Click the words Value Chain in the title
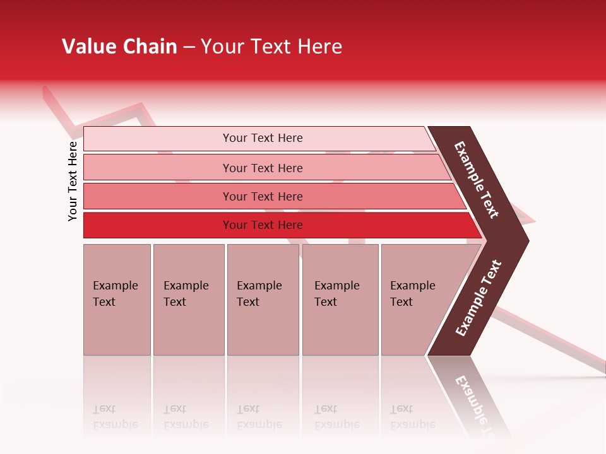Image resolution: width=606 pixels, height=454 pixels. click(x=119, y=47)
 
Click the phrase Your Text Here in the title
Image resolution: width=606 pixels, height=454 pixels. click(x=271, y=47)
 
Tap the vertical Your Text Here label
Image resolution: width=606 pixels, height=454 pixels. click(x=73, y=181)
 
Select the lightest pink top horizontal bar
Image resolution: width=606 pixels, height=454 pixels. click(x=158, y=139)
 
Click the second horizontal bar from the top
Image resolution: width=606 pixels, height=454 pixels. click(x=158, y=168)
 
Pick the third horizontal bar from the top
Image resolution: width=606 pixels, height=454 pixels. click(x=158, y=196)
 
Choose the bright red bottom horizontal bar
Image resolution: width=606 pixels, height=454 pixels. click(x=158, y=225)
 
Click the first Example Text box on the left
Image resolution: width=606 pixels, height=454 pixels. click(x=117, y=300)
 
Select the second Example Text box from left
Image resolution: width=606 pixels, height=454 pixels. click(x=188, y=300)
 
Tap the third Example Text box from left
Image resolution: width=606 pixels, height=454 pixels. click(x=263, y=300)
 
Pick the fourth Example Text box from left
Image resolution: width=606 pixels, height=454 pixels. click(x=340, y=300)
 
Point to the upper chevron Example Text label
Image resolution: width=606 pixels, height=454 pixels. click(x=477, y=180)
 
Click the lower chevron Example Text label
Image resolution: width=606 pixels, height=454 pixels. click(x=478, y=298)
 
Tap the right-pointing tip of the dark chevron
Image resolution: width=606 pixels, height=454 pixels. click(x=525, y=240)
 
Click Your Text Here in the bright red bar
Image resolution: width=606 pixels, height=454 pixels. click(x=263, y=225)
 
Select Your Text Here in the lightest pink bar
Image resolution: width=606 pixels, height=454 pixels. click(x=263, y=138)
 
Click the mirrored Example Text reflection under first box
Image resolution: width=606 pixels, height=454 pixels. click(x=115, y=417)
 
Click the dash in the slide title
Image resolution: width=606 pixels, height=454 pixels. click(x=189, y=47)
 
